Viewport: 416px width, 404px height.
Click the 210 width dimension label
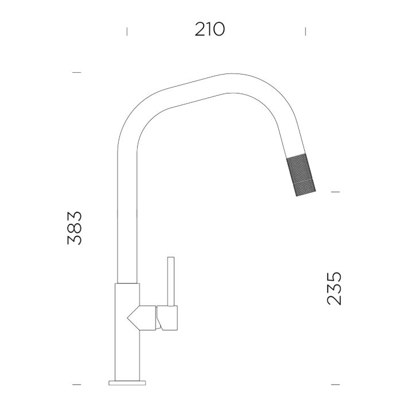(x=209, y=29)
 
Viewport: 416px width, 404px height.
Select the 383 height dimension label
(x=75, y=228)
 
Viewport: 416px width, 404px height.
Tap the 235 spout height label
(x=334, y=288)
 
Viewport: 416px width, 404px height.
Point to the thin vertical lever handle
(x=171, y=281)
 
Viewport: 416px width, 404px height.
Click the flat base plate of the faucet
(x=127, y=383)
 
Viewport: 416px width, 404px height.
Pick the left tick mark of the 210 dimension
(x=127, y=32)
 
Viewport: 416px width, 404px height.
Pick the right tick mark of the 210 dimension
(x=305, y=32)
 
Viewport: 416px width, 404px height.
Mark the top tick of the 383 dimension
(x=77, y=72)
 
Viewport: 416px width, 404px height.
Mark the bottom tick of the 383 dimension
(x=77, y=384)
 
